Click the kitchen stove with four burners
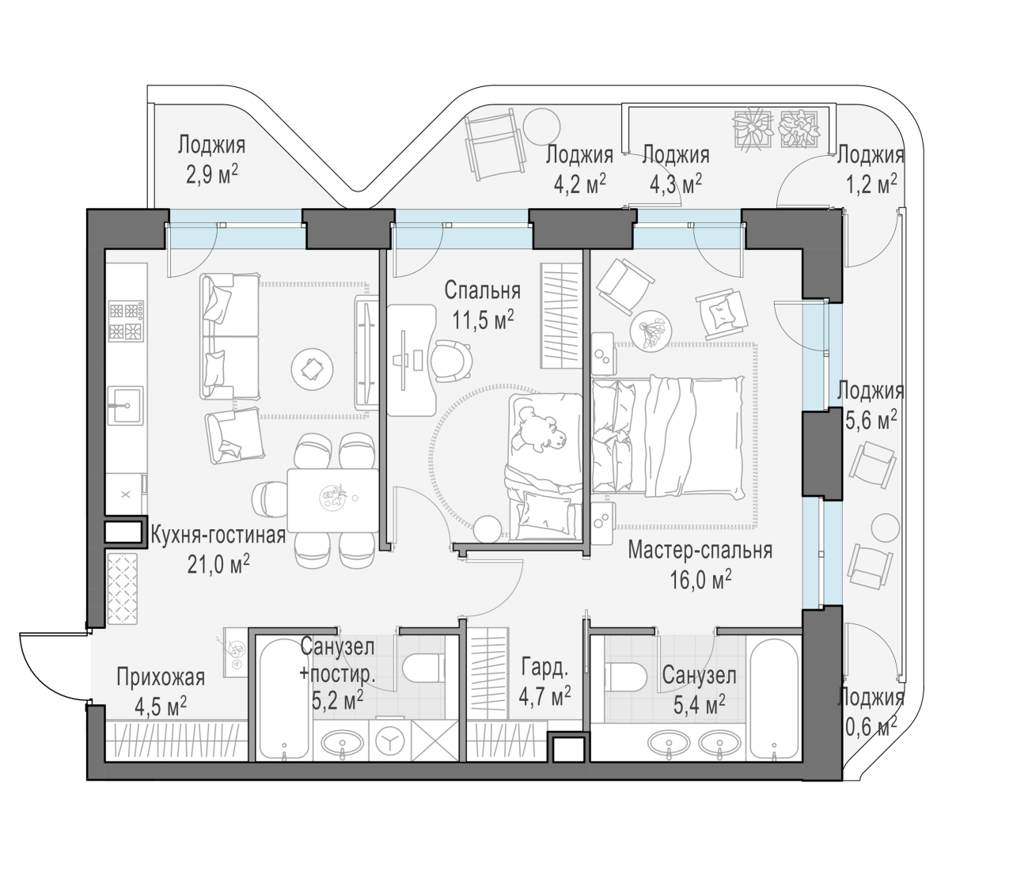[126, 320]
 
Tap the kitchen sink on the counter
[126, 405]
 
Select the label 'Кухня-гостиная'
[218, 535]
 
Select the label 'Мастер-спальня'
[700, 550]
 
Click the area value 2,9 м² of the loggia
[212, 174]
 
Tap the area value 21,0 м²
[218, 564]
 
